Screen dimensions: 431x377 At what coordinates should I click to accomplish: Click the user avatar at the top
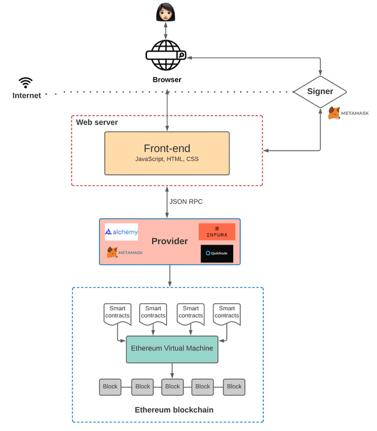click(x=166, y=11)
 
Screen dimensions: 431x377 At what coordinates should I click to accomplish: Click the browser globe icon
click(x=166, y=56)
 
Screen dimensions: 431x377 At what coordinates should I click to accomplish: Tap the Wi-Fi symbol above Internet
click(x=26, y=82)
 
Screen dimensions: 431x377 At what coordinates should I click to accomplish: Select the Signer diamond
click(x=319, y=91)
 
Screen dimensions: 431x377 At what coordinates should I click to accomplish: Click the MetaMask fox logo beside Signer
click(x=334, y=113)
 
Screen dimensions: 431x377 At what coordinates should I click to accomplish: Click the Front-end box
click(x=167, y=153)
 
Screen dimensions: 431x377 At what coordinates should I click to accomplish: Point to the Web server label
click(x=97, y=122)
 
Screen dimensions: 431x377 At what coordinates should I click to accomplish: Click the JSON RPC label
click(x=185, y=202)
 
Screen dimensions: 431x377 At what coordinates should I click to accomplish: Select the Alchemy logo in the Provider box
click(x=121, y=232)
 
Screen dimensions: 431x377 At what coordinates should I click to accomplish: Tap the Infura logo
click(x=217, y=232)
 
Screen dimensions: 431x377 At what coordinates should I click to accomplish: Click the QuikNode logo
click(x=217, y=253)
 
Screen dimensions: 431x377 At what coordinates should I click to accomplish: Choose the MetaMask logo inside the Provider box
click(x=125, y=253)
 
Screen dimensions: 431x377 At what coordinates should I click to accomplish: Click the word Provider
click(x=169, y=241)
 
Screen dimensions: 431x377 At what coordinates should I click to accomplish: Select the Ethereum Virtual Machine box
click(x=172, y=349)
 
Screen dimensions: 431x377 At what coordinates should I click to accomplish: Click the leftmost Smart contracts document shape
click(x=117, y=312)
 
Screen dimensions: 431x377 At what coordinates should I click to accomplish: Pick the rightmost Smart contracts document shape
click(x=227, y=312)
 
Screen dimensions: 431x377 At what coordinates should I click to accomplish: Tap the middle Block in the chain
click(x=172, y=386)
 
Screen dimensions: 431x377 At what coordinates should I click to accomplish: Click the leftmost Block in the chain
click(x=110, y=386)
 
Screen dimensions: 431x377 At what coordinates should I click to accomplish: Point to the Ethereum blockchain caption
click(x=174, y=409)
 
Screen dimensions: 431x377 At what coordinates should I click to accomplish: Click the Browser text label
click(x=167, y=80)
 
